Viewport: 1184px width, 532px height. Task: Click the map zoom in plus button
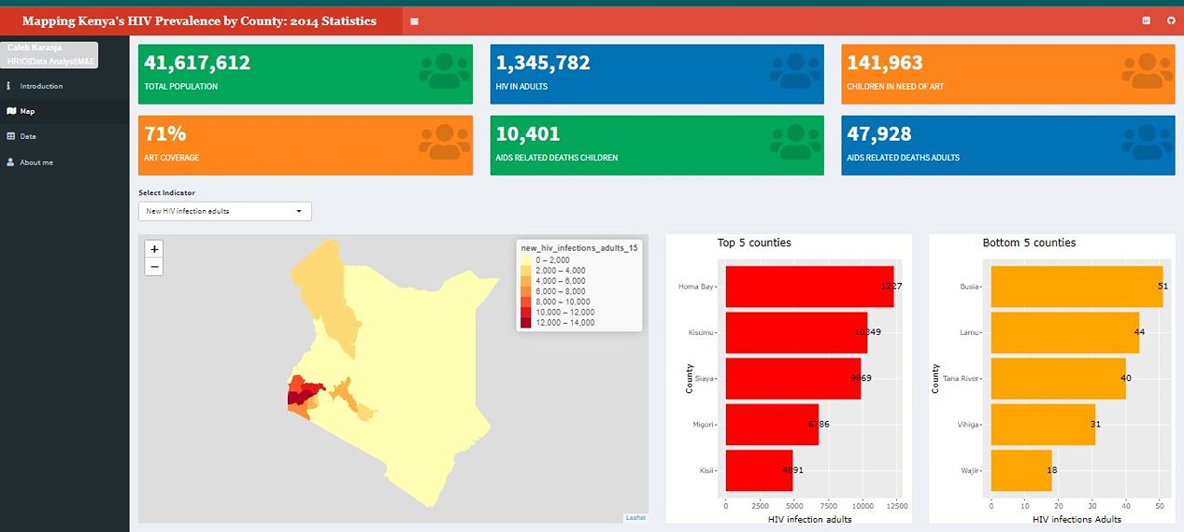coord(155,249)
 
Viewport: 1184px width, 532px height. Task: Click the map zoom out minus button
coord(155,267)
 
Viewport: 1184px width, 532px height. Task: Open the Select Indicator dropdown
coord(224,211)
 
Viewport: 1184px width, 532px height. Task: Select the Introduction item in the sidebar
coord(41,86)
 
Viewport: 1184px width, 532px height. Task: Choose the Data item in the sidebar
coord(28,136)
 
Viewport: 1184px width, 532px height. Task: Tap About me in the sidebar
coord(36,162)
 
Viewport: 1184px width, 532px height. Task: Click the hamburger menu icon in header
coord(415,21)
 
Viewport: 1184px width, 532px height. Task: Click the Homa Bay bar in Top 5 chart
coord(808,287)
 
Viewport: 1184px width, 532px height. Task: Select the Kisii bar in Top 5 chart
coord(758,469)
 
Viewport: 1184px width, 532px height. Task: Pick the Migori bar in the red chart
coord(771,424)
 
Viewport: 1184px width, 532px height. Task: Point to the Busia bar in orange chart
coord(1076,287)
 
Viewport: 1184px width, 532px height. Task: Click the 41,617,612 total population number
coord(197,63)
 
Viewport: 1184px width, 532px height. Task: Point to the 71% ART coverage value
coord(165,134)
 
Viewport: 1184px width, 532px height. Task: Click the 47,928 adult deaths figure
coord(879,134)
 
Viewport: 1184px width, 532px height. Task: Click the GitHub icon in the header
coord(1171,21)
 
